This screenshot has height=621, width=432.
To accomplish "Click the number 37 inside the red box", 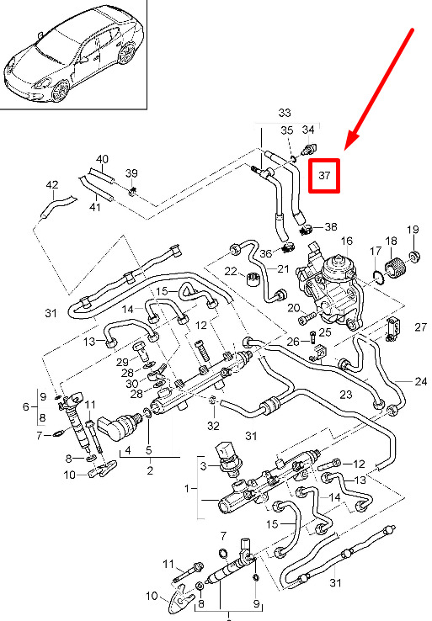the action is tap(324, 176).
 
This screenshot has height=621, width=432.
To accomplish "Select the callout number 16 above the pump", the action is tap(346, 241).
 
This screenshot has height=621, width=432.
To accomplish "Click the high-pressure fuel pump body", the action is tap(333, 289).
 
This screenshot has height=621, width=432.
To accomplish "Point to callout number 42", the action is tap(52, 185).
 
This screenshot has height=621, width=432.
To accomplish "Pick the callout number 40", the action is tap(102, 159).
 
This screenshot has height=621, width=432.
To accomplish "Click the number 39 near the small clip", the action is tap(131, 173).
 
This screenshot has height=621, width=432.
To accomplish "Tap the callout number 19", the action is tap(413, 230).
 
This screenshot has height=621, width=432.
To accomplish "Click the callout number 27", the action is tap(420, 327).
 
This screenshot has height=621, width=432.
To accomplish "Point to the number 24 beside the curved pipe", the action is tap(420, 382).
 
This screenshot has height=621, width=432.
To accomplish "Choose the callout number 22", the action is tap(231, 271).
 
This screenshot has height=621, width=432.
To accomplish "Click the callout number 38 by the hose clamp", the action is tap(331, 227).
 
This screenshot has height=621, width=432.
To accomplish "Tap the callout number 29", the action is tap(122, 362).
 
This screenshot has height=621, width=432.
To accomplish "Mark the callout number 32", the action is tap(213, 426).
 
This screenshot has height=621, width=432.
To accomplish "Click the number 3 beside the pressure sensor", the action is tap(203, 466).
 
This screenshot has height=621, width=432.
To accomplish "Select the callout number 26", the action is tap(293, 342).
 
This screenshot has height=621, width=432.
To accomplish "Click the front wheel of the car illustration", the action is tap(61, 91).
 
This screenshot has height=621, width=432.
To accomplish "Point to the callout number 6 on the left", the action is tap(26, 406).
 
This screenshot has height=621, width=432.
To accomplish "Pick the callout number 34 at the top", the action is tap(308, 130).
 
